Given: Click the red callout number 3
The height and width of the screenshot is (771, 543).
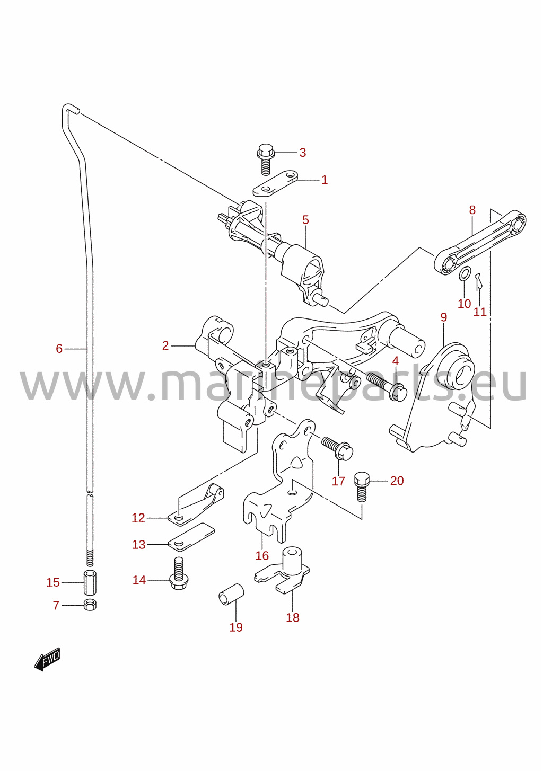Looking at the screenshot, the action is (302, 153).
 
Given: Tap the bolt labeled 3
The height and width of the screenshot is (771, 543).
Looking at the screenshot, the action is (266, 159).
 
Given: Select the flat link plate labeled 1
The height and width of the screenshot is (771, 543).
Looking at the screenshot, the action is (275, 183).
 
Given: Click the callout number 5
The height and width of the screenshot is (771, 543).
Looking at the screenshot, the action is (305, 220).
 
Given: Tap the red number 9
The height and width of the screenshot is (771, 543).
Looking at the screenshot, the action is (444, 317).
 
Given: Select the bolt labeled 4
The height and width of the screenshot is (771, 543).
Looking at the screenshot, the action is (387, 387).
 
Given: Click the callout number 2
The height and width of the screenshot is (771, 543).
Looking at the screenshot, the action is (165, 345).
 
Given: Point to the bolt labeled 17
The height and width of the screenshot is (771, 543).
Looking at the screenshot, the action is (337, 448).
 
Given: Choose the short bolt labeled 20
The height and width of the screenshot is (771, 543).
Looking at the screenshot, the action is (362, 488).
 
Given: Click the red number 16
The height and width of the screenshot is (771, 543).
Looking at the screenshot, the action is (262, 555).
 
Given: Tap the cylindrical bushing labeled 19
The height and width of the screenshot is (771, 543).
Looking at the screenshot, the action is (232, 594).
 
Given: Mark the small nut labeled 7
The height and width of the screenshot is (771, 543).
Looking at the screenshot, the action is (90, 605).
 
